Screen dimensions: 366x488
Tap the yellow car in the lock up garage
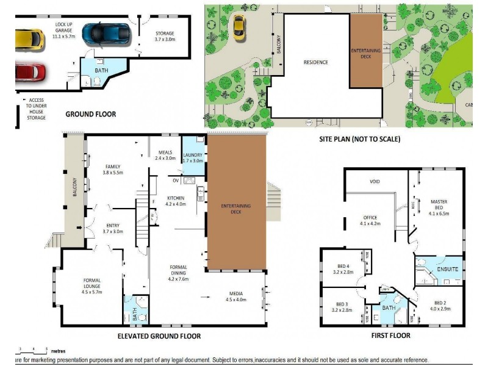[29, 38]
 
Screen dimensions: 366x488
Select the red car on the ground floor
[30, 72]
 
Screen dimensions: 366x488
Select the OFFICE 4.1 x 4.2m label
[370, 221]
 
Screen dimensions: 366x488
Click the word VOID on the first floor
[375, 182]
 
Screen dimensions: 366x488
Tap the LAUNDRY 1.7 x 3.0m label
[193, 158]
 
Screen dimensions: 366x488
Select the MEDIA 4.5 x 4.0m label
[235, 296]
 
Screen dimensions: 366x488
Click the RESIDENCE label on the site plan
[316, 62]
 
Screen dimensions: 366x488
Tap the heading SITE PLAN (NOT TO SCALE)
[359, 139]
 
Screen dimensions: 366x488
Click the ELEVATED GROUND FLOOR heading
[159, 336]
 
